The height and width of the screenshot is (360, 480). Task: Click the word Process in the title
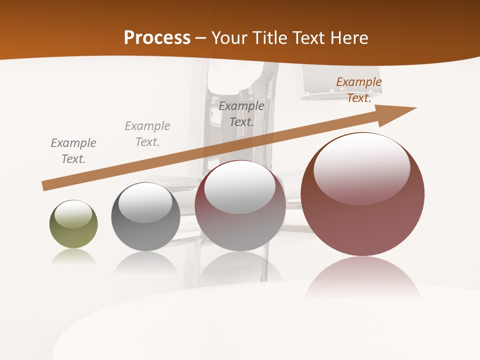click(x=157, y=38)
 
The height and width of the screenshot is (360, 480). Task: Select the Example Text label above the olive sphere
click(x=73, y=151)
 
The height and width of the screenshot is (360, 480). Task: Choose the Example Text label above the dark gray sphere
click(x=147, y=134)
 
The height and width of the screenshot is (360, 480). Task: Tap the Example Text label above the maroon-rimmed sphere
click(x=241, y=114)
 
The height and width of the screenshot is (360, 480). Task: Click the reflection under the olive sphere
click(x=73, y=257)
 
